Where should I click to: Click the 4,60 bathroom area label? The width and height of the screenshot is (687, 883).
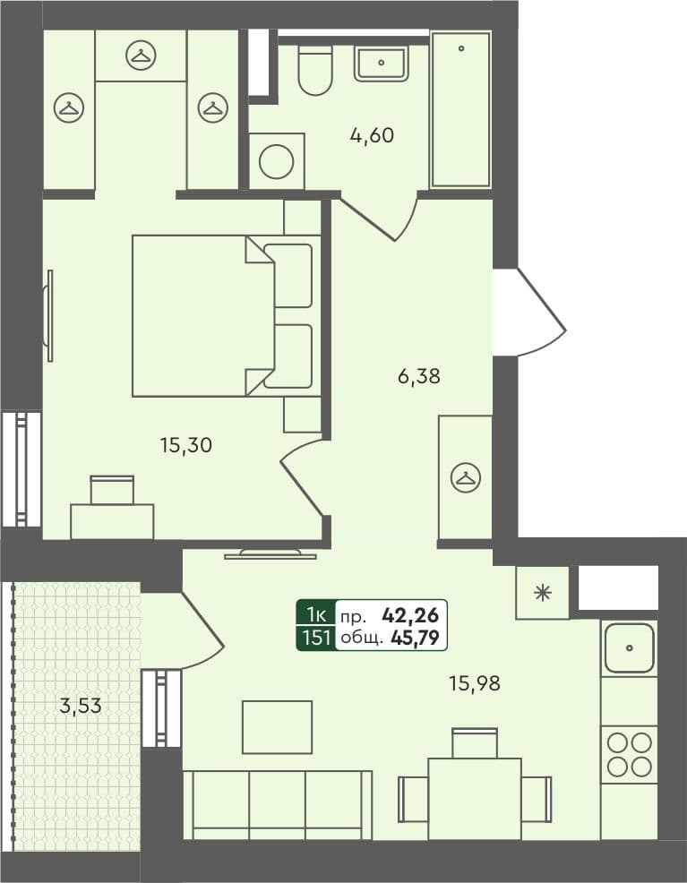(x=372, y=136)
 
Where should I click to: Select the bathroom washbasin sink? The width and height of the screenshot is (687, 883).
(x=382, y=64)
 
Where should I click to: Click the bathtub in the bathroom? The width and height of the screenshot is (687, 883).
(x=460, y=109)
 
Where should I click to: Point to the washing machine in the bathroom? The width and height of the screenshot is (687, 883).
(x=276, y=161)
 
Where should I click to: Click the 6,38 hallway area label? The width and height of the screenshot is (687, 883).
(x=418, y=377)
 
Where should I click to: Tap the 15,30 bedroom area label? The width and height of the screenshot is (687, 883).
(x=185, y=444)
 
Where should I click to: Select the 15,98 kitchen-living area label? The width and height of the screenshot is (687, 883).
(x=474, y=683)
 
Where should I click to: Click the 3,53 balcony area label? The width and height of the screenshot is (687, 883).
(x=81, y=706)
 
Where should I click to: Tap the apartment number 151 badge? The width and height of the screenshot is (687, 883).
(x=316, y=639)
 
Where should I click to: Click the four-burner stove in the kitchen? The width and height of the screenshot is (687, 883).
(x=629, y=754)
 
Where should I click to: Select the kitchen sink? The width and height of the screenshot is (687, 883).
(x=629, y=647)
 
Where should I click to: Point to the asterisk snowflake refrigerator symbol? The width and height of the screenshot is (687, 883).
(x=542, y=593)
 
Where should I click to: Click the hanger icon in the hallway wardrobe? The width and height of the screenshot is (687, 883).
(x=465, y=478)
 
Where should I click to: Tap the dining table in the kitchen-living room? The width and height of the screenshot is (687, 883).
(x=475, y=798)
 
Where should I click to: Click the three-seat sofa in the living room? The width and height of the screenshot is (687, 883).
(x=277, y=804)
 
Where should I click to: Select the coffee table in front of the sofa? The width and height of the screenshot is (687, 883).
(x=277, y=726)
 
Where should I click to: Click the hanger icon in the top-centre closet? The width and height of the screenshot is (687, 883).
(x=141, y=56)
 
